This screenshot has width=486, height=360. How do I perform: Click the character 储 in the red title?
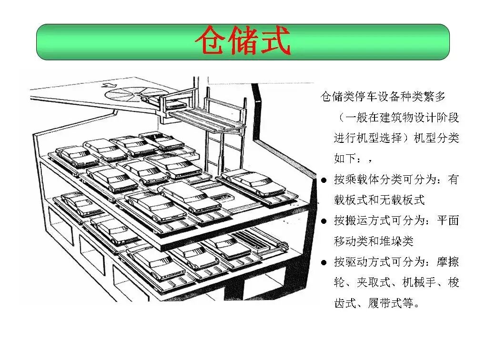[243, 41]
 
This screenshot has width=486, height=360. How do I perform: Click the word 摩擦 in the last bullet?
[448, 262]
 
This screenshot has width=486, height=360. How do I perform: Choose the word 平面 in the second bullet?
[448, 221]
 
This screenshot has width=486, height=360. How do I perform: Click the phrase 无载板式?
[404, 200]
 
